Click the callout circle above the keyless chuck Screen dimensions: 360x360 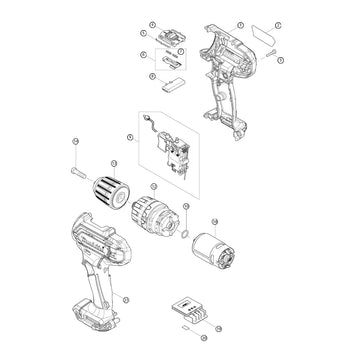pos(112,164)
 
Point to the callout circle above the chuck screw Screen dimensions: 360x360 pos(76,147)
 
